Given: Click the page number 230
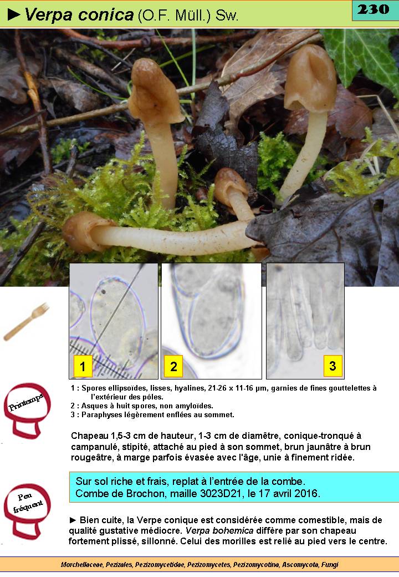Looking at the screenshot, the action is tap(373, 9).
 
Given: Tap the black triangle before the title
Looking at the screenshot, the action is tap(14, 14).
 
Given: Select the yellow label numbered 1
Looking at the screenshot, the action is tap(83, 366).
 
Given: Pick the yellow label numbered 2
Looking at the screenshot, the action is tap(173, 366).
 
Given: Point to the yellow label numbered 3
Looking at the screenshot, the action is tap(332, 366).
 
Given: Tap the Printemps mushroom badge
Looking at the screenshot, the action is tap(27, 411).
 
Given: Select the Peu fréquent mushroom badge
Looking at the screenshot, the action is tap(27, 512).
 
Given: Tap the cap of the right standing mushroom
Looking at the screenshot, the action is tap(311, 78).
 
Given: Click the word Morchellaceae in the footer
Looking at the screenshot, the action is tap(83, 564).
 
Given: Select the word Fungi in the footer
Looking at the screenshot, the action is tap(330, 564).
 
